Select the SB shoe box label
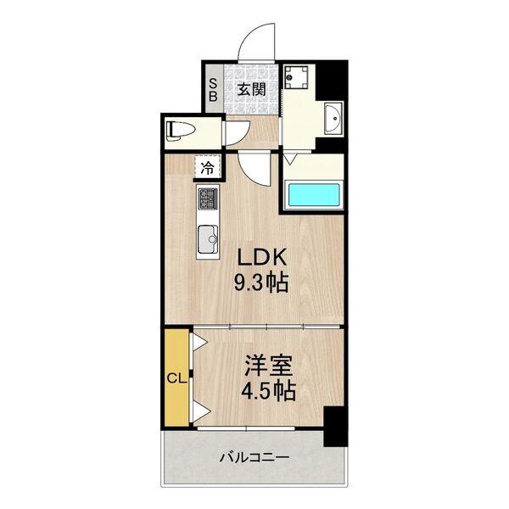click(214, 89)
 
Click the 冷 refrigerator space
click(208, 168)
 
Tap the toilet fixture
click(181, 130)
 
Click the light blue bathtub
click(313, 195)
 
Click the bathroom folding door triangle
click(289, 158)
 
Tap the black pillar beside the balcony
click(335, 428)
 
